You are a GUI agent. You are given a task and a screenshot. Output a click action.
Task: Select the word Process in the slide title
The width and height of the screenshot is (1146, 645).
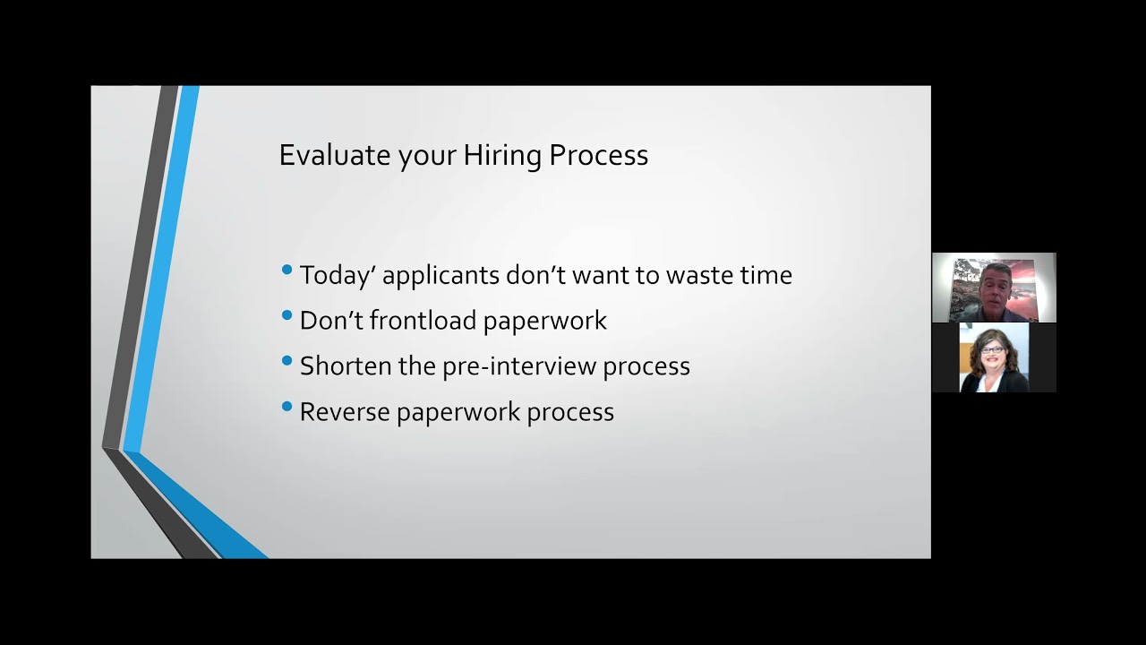tap(598, 155)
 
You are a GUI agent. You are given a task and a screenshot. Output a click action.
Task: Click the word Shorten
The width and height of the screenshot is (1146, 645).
tap(346, 366)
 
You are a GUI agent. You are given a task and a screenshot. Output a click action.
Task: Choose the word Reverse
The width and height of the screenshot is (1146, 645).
tap(344, 412)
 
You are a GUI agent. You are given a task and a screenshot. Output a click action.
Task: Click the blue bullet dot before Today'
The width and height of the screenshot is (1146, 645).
tap(286, 270)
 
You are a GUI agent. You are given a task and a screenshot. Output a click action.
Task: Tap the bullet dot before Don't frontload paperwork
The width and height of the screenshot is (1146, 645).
tap(286, 315)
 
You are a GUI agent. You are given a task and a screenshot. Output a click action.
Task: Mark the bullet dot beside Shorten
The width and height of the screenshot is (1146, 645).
tap(286, 361)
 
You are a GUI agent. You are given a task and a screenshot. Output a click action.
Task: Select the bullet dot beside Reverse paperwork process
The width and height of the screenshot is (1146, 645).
tap(286, 407)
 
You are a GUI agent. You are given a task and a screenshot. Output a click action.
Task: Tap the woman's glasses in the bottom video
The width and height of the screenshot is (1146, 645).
tap(992, 349)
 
